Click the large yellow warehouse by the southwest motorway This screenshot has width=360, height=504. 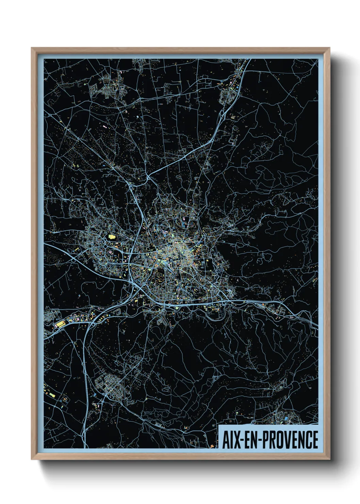[60, 324]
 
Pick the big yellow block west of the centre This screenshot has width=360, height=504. [111, 236]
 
